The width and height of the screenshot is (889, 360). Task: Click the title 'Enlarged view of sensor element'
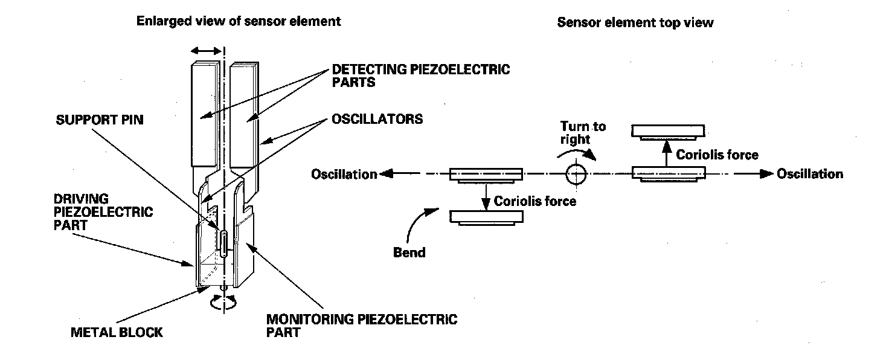[x=239, y=21]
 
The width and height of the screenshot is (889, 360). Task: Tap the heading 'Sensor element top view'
[x=635, y=22]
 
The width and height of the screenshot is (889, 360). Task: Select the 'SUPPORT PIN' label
[x=100, y=120]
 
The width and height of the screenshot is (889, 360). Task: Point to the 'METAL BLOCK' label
[x=117, y=332]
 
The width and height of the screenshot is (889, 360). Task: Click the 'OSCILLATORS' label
[x=377, y=119]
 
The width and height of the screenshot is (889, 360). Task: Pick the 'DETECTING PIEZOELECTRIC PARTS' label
[x=421, y=76]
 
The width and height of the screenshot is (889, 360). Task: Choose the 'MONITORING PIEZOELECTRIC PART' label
[x=362, y=326]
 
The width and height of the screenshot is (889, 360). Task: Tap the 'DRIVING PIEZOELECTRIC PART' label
[x=103, y=211]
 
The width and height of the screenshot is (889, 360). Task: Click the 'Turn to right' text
[x=583, y=132]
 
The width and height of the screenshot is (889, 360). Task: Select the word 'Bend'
[x=409, y=252]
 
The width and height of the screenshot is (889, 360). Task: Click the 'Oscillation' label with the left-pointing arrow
[x=344, y=174]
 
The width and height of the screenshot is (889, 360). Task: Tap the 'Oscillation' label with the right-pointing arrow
[x=810, y=174]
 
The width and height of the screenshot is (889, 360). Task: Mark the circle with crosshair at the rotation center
[x=576, y=174]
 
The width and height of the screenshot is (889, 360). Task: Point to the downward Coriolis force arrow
[x=486, y=197]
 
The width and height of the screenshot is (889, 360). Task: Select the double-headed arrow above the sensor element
[x=206, y=51]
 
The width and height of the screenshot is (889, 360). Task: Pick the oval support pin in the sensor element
[x=224, y=243]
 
